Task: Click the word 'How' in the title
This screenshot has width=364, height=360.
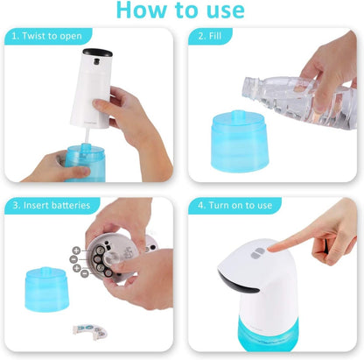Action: pos(141,11)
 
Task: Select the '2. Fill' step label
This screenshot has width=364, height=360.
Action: pos(214,37)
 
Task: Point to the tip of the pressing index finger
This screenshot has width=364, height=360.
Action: pos(272,248)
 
